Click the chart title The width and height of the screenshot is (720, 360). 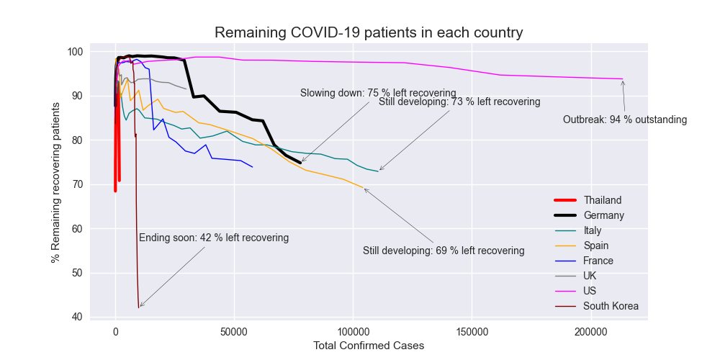[368, 32]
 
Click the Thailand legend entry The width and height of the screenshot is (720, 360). [602, 200]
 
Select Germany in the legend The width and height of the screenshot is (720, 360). [603, 215]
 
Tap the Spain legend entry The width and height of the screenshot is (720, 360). [596, 246]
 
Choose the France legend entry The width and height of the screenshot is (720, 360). [598, 261]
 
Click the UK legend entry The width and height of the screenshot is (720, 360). [590, 276]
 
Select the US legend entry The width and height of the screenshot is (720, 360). [590, 291]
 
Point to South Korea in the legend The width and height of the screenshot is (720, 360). [611, 306]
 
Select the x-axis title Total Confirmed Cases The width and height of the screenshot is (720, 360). [369, 346]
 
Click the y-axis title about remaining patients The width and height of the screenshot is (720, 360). [56, 184]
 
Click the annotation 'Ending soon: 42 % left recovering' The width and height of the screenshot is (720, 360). [214, 238]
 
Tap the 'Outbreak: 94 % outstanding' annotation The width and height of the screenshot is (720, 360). [625, 120]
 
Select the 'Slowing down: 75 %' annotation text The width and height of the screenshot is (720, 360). [378, 93]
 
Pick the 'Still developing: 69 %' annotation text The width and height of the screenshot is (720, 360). [444, 251]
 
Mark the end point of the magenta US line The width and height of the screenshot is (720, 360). [623, 78]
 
